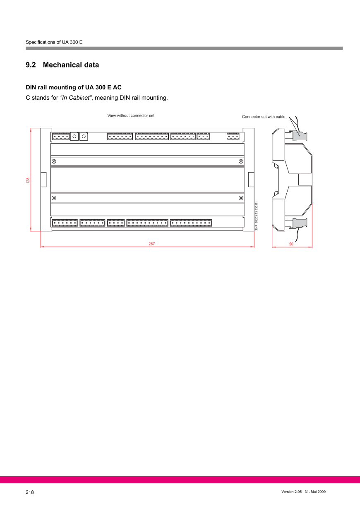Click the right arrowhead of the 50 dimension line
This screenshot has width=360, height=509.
click(311, 247)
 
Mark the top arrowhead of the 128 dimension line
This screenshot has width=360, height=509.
click(31, 129)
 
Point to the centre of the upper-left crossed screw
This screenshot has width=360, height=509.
click(54, 161)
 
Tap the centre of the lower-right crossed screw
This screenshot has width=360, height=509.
click(241, 198)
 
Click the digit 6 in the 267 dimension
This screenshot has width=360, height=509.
click(151, 244)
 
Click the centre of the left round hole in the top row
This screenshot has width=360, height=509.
click(74, 136)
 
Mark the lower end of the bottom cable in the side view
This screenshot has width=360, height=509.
click(295, 241)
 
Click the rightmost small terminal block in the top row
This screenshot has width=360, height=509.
click(233, 136)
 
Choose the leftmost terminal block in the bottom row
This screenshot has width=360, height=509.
click(65, 223)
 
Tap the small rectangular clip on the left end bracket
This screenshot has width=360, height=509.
click(43, 180)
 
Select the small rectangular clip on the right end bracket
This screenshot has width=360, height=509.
click(251, 180)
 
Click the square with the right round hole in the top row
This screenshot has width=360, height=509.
click(84, 136)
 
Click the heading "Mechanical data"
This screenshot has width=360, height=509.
click(71, 65)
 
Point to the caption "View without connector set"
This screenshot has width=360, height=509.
click(131, 115)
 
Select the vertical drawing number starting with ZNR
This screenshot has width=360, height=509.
click(257, 216)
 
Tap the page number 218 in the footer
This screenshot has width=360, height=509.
click(30, 492)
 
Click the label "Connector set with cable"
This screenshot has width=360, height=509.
click(264, 117)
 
